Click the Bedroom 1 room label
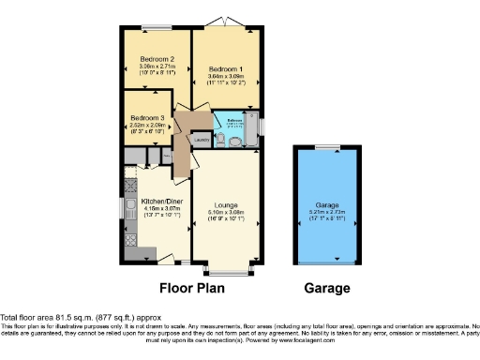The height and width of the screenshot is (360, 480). [x=226, y=69]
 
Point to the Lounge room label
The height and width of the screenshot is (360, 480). [x=224, y=204]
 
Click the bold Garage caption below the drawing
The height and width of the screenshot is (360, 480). [x=326, y=288]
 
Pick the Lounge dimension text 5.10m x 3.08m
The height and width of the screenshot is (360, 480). [x=224, y=213]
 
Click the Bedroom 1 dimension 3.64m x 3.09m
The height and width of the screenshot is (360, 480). [x=226, y=77]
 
